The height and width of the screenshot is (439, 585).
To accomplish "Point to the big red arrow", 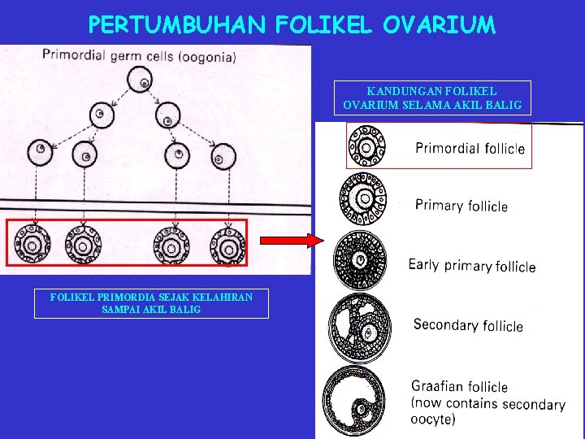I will click(290, 241).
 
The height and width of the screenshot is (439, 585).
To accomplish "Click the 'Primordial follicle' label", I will click(470, 148).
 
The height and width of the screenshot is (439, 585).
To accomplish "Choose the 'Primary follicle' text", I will click(461, 205).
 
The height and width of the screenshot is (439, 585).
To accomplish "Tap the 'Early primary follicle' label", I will click(471, 265).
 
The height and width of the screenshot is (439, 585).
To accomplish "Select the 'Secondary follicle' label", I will click(468, 325).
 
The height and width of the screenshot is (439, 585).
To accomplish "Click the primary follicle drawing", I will click(366, 200).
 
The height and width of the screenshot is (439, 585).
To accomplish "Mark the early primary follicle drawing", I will click(362, 260).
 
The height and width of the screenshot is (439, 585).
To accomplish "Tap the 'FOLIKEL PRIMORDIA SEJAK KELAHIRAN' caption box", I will click(151, 303).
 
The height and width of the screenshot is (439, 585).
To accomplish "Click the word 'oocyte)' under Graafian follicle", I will click(434, 419).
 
